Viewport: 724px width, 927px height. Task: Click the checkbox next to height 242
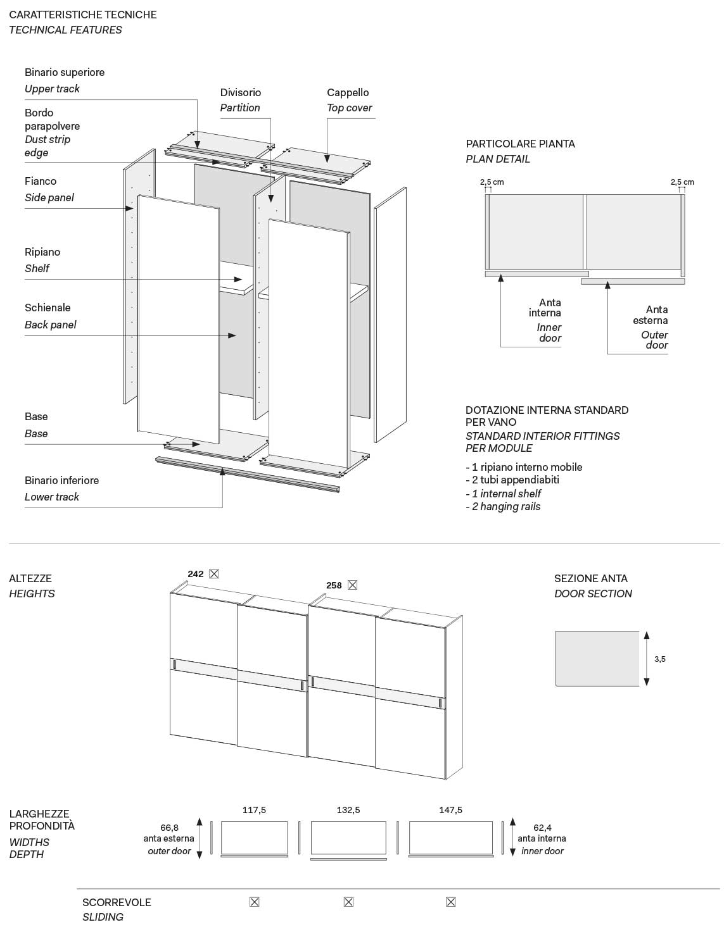click(x=214, y=574)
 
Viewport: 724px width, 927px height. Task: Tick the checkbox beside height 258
click(x=353, y=585)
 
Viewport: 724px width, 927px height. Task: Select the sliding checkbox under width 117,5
click(x=254, y=902)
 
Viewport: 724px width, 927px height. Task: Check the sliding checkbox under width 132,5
click(x=348, y=902)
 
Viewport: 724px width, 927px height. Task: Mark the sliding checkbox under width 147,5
click(x=451, y=902)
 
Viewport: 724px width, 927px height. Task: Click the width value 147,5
click(x=450, y=810)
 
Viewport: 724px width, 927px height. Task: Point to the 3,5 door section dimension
click(x=660, y=659)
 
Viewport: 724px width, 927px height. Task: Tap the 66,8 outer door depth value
click(x=169, y=828)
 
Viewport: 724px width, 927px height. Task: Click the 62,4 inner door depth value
click(x=542, y=828)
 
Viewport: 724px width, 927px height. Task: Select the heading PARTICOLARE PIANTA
click(x=520, y=144)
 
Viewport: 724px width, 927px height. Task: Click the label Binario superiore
click(x=65, y=72)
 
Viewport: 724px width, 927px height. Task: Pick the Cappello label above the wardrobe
click(x=348, y=92)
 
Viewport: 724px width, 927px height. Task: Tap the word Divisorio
click(x=241, y=92)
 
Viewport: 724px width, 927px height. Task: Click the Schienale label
click(x=48, y=308)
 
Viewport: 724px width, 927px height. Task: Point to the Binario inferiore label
click(x=61, y=480)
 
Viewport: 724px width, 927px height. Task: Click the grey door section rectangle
click(x=597, y=659)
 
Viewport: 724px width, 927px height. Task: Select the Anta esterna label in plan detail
click(x=651, y=314)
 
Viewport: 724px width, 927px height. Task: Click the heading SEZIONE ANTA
click(x=590, y=578)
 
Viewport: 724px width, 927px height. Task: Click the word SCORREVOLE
click(x=117, y=902)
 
